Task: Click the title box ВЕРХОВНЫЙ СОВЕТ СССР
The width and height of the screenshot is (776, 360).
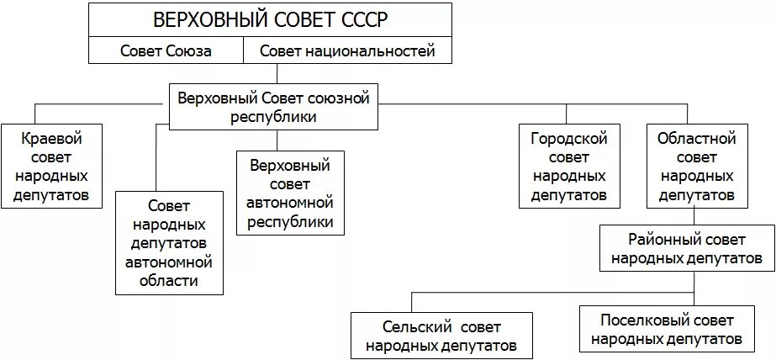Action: point(271,19)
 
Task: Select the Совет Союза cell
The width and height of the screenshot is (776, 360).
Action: point(166,50)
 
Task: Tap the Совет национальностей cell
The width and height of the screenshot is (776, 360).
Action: point(347,50)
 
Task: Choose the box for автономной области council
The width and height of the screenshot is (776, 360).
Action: point(169,242)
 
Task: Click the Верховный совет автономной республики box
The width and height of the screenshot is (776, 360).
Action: point(291,193)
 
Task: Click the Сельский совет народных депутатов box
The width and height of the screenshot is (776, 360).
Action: point(441,334)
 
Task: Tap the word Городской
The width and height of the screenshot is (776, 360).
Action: point(568,137)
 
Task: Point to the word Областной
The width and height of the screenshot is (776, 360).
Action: point(696,137)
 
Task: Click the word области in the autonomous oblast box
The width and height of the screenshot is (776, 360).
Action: point(169,280)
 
